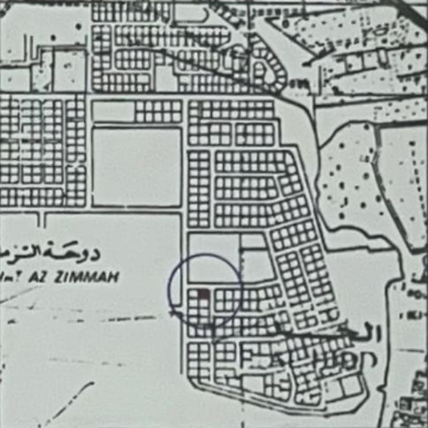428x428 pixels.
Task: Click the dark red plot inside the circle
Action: pyautogui.click(x=204, y=295)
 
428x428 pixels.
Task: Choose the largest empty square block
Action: pyautogui.click(x=137, y=167)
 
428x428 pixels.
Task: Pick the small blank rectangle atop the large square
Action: pyautogui.click(x=113, y=112)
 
